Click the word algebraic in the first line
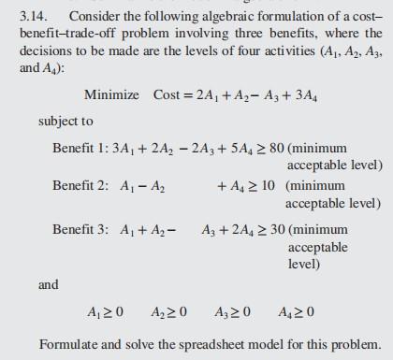[x=210, y=20]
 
